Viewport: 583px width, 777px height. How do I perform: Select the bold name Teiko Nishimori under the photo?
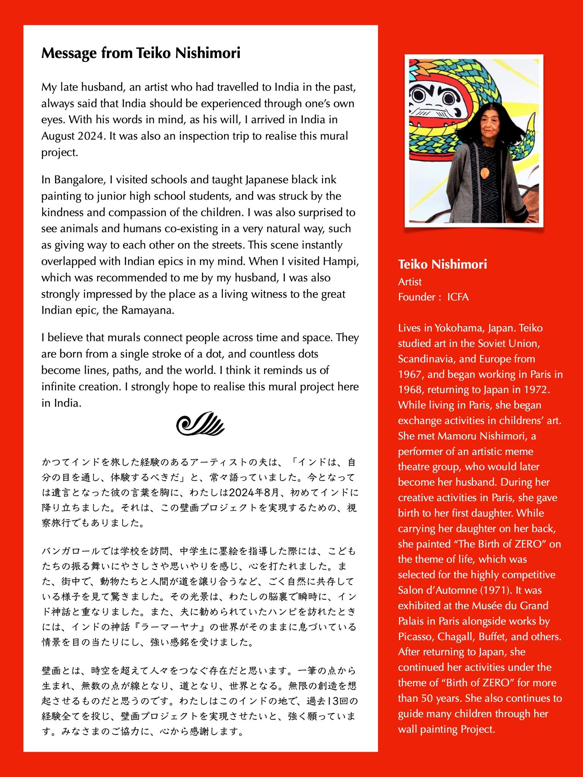pyautogui.click(x=442, y=264)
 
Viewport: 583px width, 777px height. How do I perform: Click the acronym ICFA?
pyautogui.click(x=458, y=297)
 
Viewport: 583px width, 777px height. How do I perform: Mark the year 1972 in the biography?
pyautogui.click(x=536, y=390)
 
